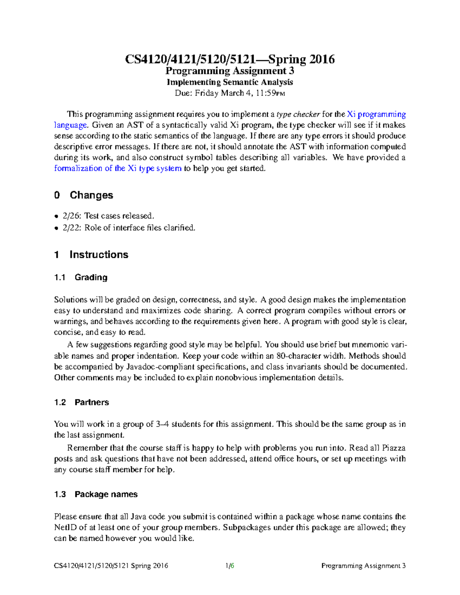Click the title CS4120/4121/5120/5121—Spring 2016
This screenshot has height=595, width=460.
tap(230, 59)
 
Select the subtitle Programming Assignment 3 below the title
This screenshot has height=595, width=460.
tap(230, 71)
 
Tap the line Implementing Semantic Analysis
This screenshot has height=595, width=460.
tap(230, 82)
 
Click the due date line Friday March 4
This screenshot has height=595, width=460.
tap(230, 93)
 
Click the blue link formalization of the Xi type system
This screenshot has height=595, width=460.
tap(118, 168)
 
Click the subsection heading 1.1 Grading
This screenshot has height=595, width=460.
tap(81, 277)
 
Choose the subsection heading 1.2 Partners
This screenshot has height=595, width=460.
tap(82, 402)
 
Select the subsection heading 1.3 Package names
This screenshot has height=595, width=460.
tap(96, 494)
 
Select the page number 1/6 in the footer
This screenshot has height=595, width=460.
tap(230, 566)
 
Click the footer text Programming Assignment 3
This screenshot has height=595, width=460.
tap(363, 566)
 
